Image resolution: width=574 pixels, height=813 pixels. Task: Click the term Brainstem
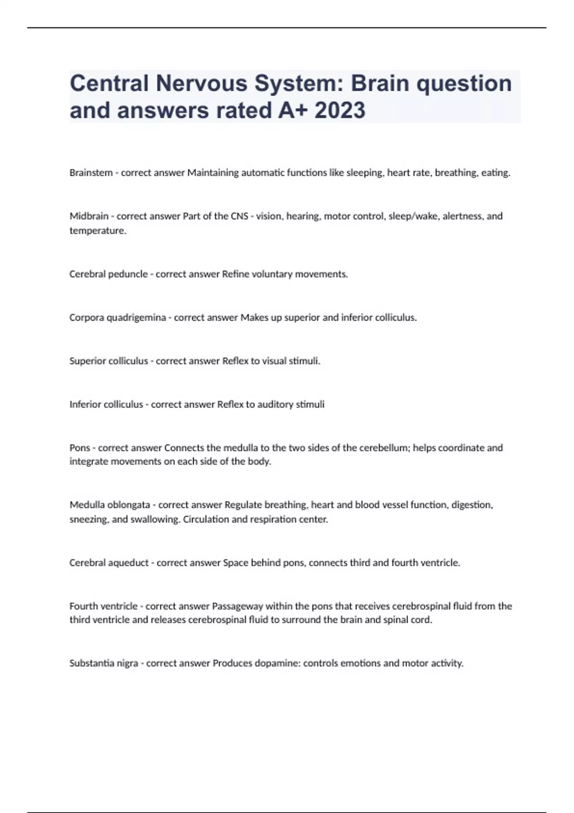pos(91,173)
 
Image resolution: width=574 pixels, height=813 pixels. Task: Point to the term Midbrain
pos(89,216)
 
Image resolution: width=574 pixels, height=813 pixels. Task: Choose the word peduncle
pos(128,274)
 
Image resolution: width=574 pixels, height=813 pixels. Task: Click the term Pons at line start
pos(79,448)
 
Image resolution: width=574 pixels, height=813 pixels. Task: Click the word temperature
pos(97,231)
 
